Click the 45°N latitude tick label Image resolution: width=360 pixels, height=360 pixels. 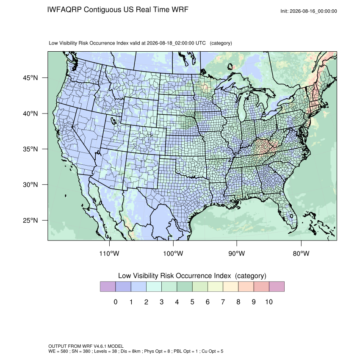click(30, 78)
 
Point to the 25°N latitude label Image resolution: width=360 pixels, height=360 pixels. click(30, 220)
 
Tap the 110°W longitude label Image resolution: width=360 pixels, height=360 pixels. click(109, 253)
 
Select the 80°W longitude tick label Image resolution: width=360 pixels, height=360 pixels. click(301, 253)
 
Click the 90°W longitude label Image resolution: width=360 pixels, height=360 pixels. click(237, 253)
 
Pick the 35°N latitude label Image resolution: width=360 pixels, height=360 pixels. click(30, 149)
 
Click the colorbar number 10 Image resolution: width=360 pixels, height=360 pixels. click(269, 302)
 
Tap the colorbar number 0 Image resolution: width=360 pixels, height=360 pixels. click(116, 302)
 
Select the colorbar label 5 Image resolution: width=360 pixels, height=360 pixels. click(192, 302)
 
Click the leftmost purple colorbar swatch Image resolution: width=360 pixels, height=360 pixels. click(108, 287)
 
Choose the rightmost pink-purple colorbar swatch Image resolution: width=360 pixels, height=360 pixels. click(277, 287)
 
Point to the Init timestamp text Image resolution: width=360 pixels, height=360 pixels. click(309, 11)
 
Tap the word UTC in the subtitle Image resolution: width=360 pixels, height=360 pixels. click(200, 43)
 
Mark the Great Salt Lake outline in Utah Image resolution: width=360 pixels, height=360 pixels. click(114, 121)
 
